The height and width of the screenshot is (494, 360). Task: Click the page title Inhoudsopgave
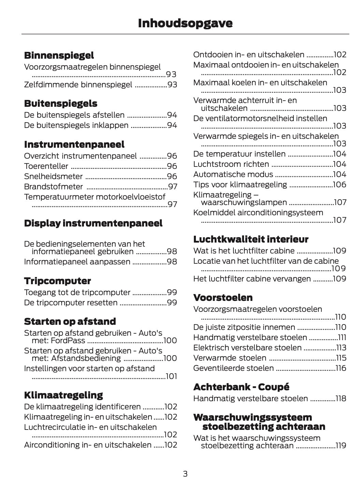(185, 23)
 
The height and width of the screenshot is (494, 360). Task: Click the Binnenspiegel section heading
(59, 55)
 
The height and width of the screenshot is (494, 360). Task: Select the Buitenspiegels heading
(60, 103)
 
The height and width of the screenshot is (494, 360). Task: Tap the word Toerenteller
(46, 166)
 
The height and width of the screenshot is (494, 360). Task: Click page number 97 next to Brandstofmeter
(173, 187)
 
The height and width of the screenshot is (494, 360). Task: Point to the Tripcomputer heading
(57, 281)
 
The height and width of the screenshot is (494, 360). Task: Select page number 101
(171, 376)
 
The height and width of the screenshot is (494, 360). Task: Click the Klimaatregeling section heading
(63, 395)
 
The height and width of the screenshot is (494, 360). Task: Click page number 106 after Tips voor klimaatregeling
(340, 185)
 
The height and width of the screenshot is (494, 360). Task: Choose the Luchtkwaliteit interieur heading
(250, 239)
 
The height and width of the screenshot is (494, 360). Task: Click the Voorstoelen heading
(223, 297)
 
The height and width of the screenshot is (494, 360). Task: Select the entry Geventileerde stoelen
(233, 368)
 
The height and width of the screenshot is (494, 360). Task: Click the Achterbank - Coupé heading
(241, 387)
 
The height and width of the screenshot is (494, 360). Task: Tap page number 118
(341, 398)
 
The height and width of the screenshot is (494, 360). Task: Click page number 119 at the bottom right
(341, 446)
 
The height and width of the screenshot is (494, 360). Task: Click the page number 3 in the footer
(185, 474)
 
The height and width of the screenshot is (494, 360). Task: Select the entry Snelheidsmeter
(53, 176)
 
